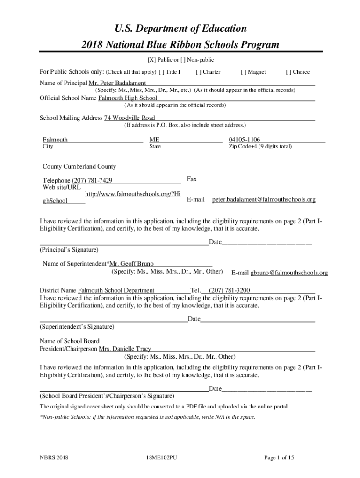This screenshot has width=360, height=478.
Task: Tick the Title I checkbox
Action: (162, 72)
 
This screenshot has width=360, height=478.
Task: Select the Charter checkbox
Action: (199, 72)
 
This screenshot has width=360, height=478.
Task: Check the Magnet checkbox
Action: (244, 72)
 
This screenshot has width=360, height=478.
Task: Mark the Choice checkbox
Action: (288, 72)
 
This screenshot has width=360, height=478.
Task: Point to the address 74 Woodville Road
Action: (130, 118)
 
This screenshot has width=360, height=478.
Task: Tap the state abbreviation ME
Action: (154, 140)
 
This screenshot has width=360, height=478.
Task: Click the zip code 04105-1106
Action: (244, 140)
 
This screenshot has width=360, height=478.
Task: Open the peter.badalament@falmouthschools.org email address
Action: (264, 200)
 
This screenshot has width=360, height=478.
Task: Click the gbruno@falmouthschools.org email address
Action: (289, 273)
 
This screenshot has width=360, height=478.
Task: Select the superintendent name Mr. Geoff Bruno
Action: (131, 264)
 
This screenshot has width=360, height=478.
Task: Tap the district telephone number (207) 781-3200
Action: (229, 290)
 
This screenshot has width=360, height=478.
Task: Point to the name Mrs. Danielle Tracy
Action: (124, 349)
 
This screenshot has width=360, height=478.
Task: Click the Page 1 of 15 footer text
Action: (279, 458)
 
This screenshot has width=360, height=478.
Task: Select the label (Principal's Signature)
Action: (69, 250)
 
